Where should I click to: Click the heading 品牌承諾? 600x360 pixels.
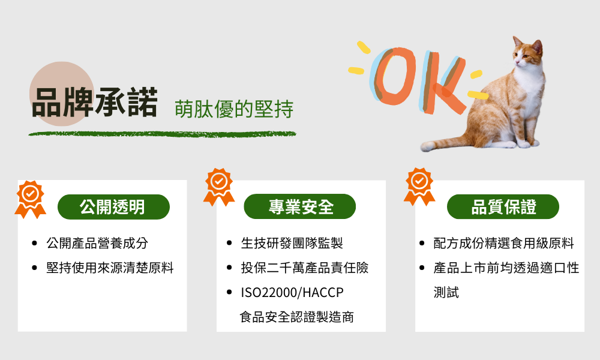(95, 103)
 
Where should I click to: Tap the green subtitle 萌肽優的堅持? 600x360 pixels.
(234, 109)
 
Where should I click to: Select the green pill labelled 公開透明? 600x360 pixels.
(113, 207)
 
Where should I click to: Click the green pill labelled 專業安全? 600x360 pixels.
(299, 206)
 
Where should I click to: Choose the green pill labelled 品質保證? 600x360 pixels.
(503, 207)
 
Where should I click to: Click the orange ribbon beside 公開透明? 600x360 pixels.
(30, 199)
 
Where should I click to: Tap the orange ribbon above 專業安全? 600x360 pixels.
(219, 187)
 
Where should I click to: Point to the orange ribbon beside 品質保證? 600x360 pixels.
(419, 187)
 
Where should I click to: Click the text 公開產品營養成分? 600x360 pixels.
(97, 243)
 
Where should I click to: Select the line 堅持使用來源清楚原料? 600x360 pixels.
(110, 268)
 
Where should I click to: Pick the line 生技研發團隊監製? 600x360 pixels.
(292, 243)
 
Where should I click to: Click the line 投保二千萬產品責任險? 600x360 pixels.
(305, 268)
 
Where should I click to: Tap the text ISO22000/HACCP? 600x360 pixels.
(292, 293)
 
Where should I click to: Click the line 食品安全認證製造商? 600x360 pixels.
(297, 317)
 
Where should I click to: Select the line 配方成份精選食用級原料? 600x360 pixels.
(503, 243)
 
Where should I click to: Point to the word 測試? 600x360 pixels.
(446, 293)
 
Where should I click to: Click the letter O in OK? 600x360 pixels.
(393, 77)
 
